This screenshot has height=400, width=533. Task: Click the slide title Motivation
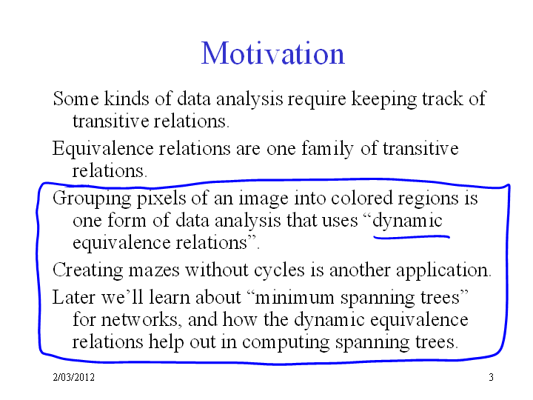click(x=273, y=53)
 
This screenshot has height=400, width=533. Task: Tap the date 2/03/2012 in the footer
click(x=74, y=377)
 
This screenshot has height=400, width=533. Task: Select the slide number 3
click(x=492, y=377)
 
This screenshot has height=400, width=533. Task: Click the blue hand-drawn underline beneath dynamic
click(x=412, y=237)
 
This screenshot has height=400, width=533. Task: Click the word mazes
click(x=154, y=270)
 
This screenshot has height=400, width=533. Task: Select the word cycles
click(x=279, y=270)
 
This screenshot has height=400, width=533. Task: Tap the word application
click(x=443, y=270)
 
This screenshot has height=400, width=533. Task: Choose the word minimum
click(x=295, y=298)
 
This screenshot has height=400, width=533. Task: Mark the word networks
click(x=139, y=320)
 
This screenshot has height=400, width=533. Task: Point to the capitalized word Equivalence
click(x=103, y=149)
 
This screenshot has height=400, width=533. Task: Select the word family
click(x=328, y=149)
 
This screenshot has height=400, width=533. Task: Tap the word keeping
click(x=383, y=99)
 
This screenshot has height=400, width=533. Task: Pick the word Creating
click(x=87, y=270)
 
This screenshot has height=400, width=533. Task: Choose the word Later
click(x=74, y=298)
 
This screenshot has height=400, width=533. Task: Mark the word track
click(x=443, y=99)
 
